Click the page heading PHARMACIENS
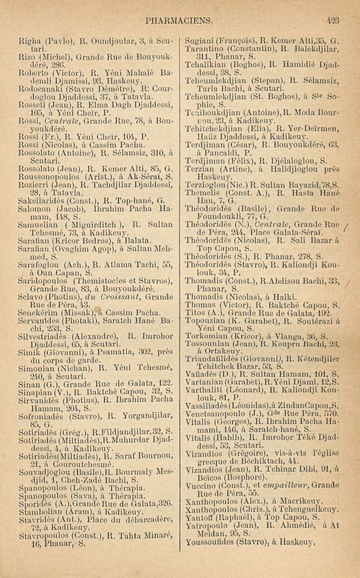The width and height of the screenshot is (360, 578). point(178,21)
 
